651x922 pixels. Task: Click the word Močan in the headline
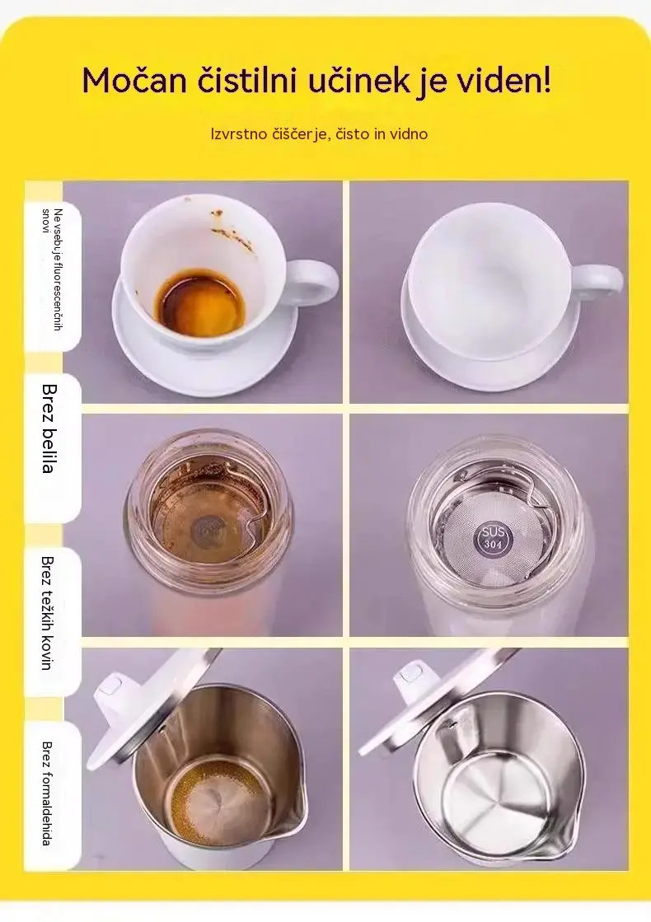134,80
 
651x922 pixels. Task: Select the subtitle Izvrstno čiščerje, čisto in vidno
320,134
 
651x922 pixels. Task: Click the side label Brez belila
49,428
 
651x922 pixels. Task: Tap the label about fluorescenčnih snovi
52,269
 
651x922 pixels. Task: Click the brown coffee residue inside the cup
201,303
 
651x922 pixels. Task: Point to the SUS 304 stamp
493,537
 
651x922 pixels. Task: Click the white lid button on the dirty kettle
110,688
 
